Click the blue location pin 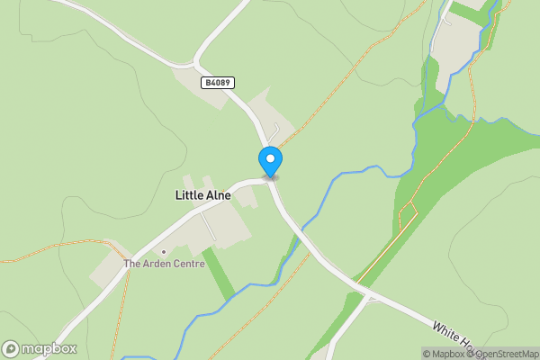[270, 161]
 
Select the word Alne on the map [218, 195]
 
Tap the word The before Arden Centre [133, 264]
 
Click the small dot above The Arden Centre [164, 251]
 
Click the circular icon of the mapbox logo [12, 348]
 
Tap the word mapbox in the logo [49, 348]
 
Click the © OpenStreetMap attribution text [507, 354]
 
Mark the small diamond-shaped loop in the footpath [408, 217]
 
